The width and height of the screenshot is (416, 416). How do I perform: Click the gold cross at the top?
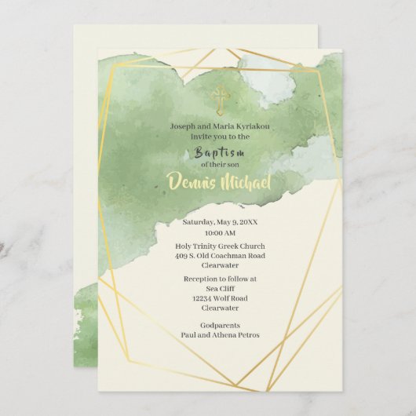[220, 99]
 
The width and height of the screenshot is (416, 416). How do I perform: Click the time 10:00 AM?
[220, 233]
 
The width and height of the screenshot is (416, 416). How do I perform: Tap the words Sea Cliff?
[220, 288]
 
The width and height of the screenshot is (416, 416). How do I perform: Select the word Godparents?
[220, 325]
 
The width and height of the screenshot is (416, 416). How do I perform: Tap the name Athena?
[224, 335]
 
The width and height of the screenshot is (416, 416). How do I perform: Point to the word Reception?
[203, 279]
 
